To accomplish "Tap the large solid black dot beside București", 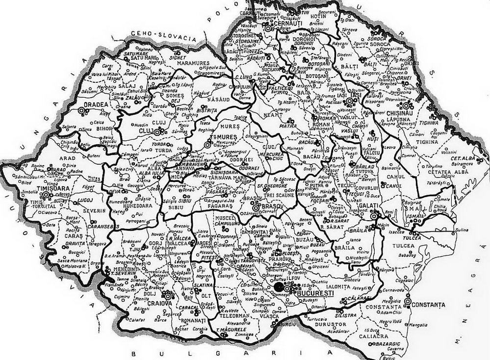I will click(x=279, y=286).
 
